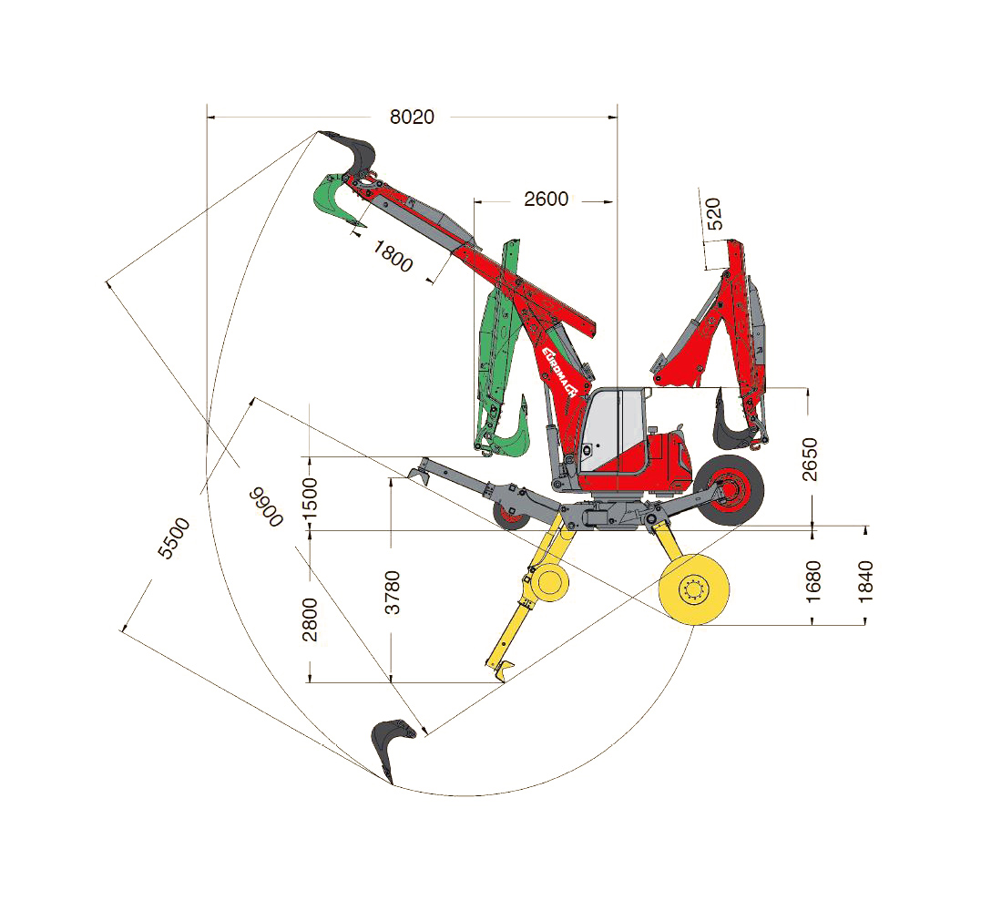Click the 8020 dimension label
click(x=412, y=117)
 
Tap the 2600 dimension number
click(x=547, y=199)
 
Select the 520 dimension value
click(x=713, y=214)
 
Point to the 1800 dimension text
click(x=393, y=256)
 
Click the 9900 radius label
click(x=266, y=507)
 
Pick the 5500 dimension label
click(x=174, y=538)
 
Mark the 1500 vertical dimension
click(x=310, y=498)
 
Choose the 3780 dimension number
click(x=392, y=592)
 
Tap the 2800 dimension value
click(x=310, y=619)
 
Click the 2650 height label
click(x=810, y=459)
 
